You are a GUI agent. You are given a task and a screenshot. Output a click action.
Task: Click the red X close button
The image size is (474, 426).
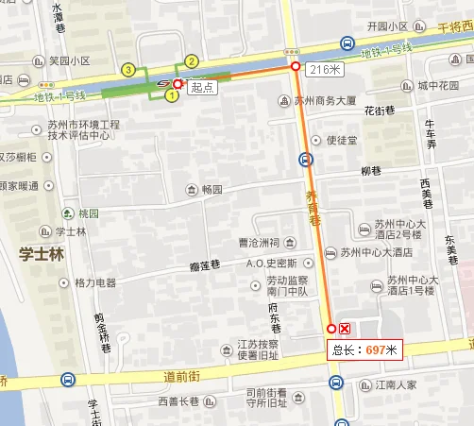click(346, 329)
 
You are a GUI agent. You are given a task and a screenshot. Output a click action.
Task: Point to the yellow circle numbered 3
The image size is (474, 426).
click(127, 69)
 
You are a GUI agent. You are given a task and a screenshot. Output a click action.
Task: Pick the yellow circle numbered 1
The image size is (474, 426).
click(172, 94)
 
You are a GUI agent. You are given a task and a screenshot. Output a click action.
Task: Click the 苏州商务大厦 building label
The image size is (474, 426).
click(325, 101)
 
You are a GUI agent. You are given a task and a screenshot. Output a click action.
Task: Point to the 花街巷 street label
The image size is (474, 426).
click(381, 111)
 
